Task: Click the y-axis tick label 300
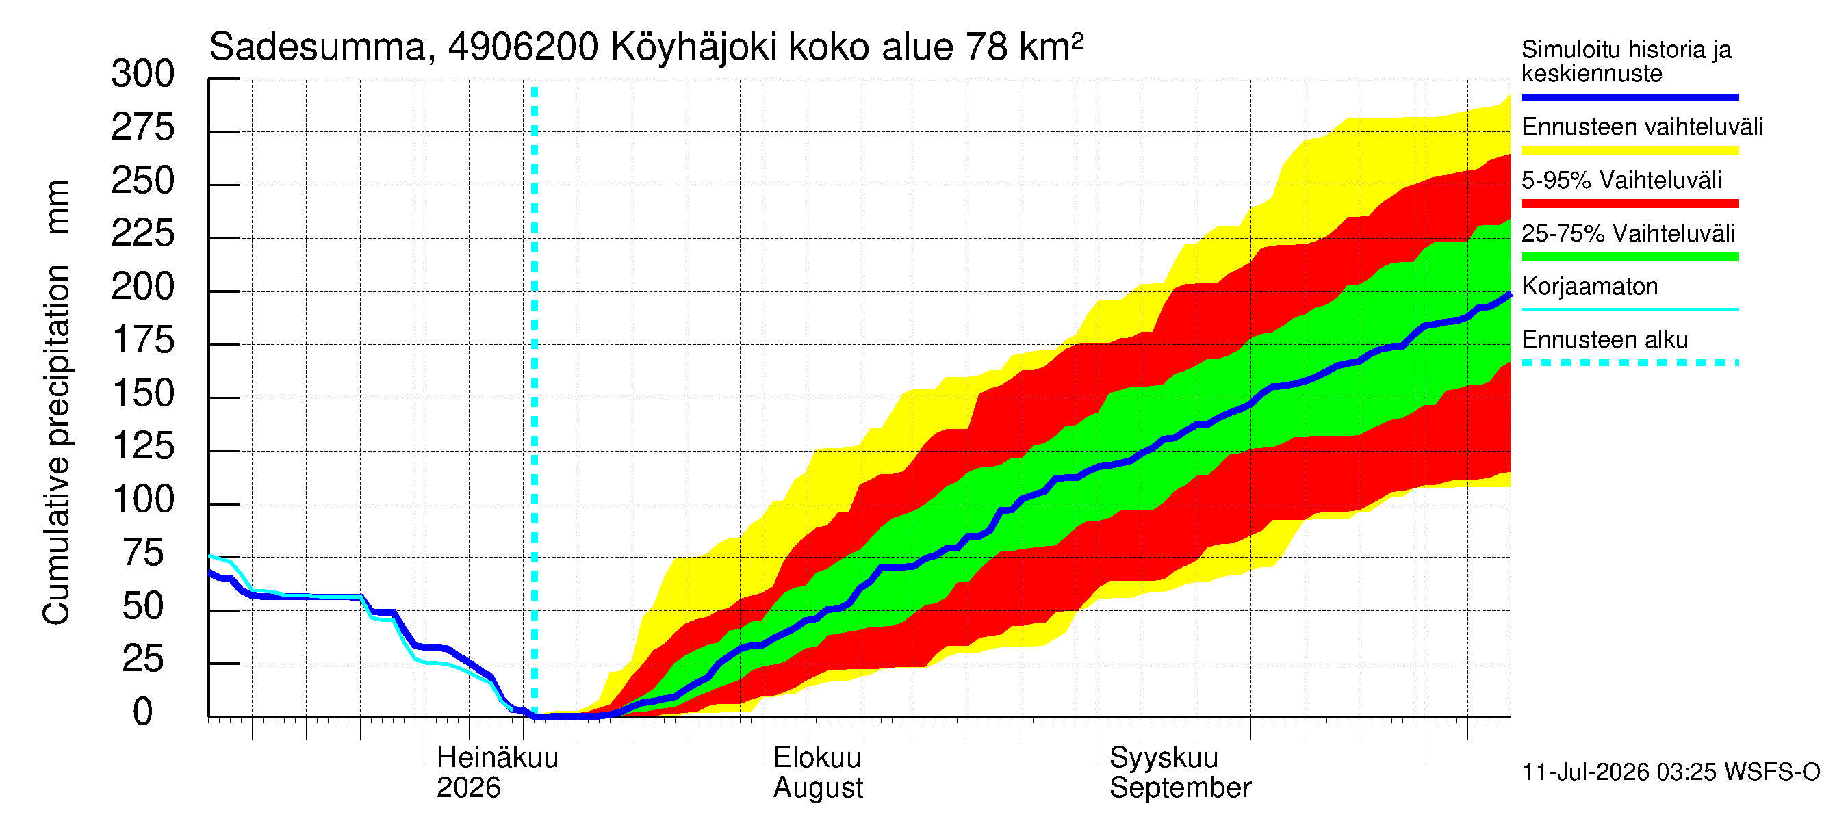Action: pyautogui.click(x=143, y=75)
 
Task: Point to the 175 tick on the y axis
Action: pyautogui.click(x=143, y=341)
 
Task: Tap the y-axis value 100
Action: pyautogui.click(x=143, y=499)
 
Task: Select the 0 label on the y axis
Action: pyautogui.click(x=143, y=713)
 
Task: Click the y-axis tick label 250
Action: pyautogui.click(x=143, y=181)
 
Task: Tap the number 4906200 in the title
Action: pyautogui.click(x=523, y=47)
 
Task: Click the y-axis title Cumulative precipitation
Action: pyautogui.click(x=57, y=445)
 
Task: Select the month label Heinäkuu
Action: pyautogui.click(x=497, y=758)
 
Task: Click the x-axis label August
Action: pyautogui.click(x=818, y=788)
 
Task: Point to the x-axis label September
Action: pyautogui.click(x=1180, y=788)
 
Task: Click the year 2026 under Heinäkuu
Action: pyautogui.click(x=468, y=788)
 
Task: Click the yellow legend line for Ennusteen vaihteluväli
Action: pyautogui.click(x=1630, y=151)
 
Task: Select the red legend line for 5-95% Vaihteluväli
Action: pyautogui.click(x=1630, y=204)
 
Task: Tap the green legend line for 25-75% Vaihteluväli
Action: pyautogui.click(x=1630, y=257)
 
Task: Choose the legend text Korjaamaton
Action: pyautogui.click(x=1590, y=287)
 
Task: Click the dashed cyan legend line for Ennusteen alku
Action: pyautogui.click(x=1630, y=363)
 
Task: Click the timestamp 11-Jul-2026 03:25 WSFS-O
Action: pyautogui.click(x=1671, y=772)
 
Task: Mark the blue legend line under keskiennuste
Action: pyautogui.click(x=1630, y=96)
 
